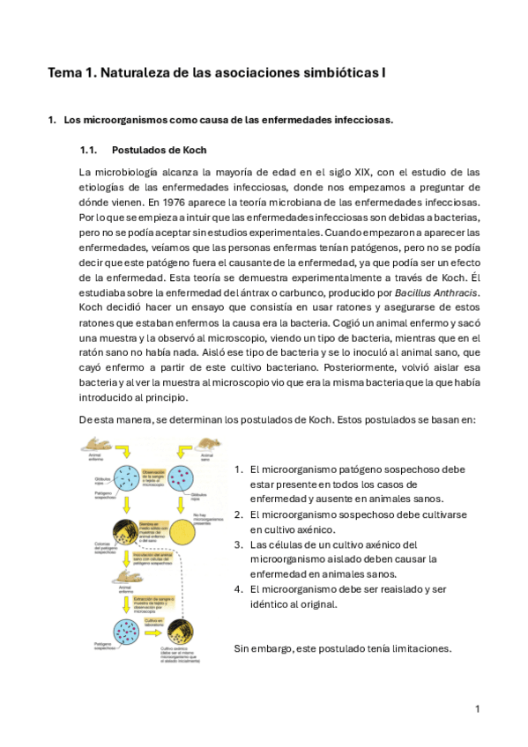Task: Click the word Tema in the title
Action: (x=64, y=75)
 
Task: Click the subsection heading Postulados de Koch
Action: (x=159, y=150)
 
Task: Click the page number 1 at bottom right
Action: (x=477, y=708)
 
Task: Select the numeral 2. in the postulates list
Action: (x=239, y=514)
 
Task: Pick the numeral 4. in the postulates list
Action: (x=239, y=589)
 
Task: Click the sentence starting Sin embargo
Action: (x=342, y=648)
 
